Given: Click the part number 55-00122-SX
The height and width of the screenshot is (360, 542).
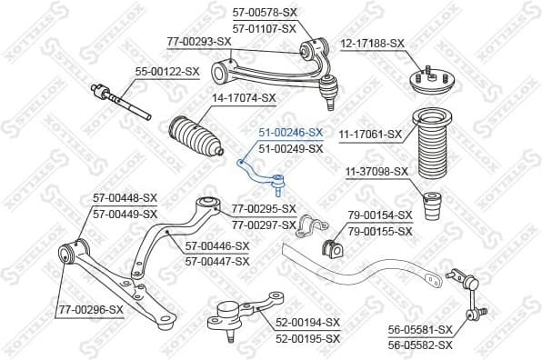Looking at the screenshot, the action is pos(166,70).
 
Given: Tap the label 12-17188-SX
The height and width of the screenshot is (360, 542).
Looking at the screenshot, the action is pos(372,43).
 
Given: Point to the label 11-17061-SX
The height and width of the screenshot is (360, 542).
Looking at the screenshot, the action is pos(369,135).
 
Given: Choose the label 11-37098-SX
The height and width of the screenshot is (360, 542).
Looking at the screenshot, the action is pos(376,171).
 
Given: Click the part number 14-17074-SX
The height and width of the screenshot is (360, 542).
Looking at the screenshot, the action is pos(243,96).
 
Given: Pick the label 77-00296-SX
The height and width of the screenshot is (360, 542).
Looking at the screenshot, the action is pos(90,309).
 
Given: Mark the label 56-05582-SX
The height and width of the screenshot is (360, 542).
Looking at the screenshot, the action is pos(419,345).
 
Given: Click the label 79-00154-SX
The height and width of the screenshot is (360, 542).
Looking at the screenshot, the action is pos(379,215).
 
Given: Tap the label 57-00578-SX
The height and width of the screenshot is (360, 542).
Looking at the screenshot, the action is pos(265,13).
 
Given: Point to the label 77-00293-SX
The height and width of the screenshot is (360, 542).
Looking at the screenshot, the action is pos(199,41).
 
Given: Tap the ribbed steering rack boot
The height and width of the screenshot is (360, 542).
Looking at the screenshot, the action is pos(194,141).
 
